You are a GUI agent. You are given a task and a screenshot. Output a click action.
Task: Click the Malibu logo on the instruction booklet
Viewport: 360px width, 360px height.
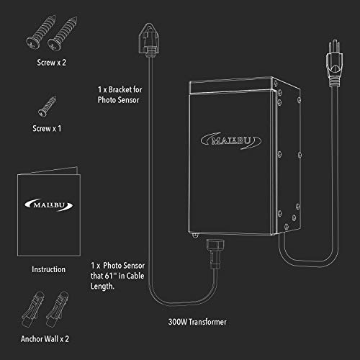tap(49, 205)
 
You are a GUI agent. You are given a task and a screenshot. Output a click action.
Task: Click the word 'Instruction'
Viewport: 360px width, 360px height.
tap(49, 269)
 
